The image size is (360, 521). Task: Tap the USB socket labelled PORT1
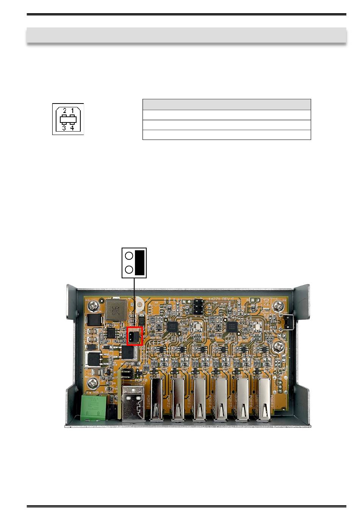(155, 400)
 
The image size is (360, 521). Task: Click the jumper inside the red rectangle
(135, 336)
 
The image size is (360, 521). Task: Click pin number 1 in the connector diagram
(72, 111)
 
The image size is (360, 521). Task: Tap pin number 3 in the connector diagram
(64, 128)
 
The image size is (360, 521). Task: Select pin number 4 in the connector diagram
(72, 128)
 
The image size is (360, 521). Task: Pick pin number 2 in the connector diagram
(64, 111)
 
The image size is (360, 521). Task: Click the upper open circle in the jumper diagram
(129, 256)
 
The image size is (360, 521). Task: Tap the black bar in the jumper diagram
(139, 262)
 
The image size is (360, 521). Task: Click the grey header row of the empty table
(227, 104)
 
